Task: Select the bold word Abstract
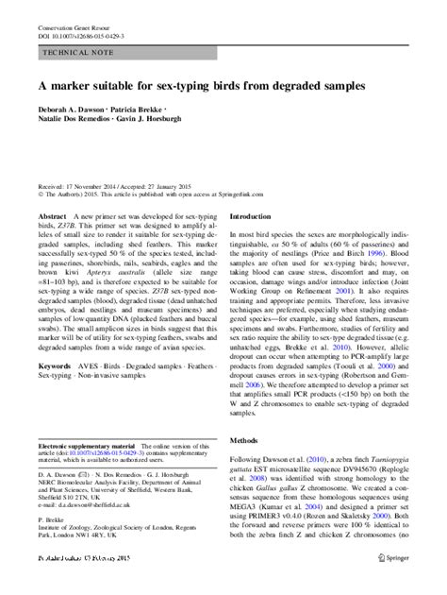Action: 52,216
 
